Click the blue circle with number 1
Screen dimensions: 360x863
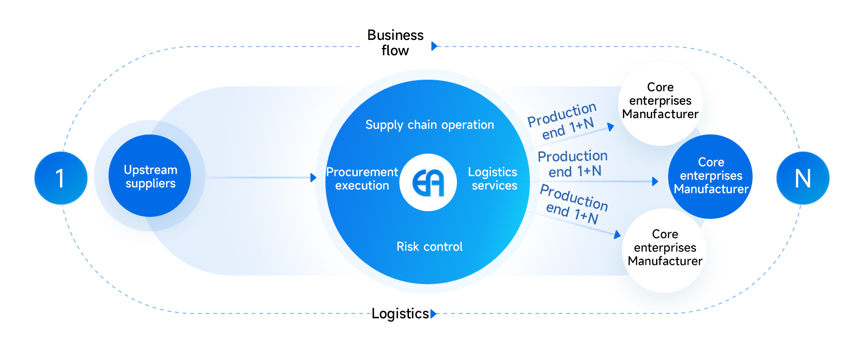pos(61,178)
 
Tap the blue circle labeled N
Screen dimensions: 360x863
pos(803,178)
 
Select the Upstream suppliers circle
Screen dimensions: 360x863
pos(150,176)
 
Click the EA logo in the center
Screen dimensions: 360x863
pos(428,182)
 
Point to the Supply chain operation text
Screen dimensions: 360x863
pos(430,125)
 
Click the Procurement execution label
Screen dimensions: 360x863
pos(362,179)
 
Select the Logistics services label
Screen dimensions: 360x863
pos(493,179)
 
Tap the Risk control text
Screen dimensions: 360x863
pos(430,247)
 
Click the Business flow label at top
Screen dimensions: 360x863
pos(395,43)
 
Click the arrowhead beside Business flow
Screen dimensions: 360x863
pos(434,46)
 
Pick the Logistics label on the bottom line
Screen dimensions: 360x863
pos(400,313)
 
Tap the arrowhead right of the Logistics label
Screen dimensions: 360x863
pos(434,314)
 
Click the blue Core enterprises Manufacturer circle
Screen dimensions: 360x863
pos(710,176)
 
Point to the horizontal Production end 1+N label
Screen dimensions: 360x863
pos(573,164)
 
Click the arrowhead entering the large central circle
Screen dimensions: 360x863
pos(313,178)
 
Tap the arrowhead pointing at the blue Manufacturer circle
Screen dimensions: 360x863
pos(655,181)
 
